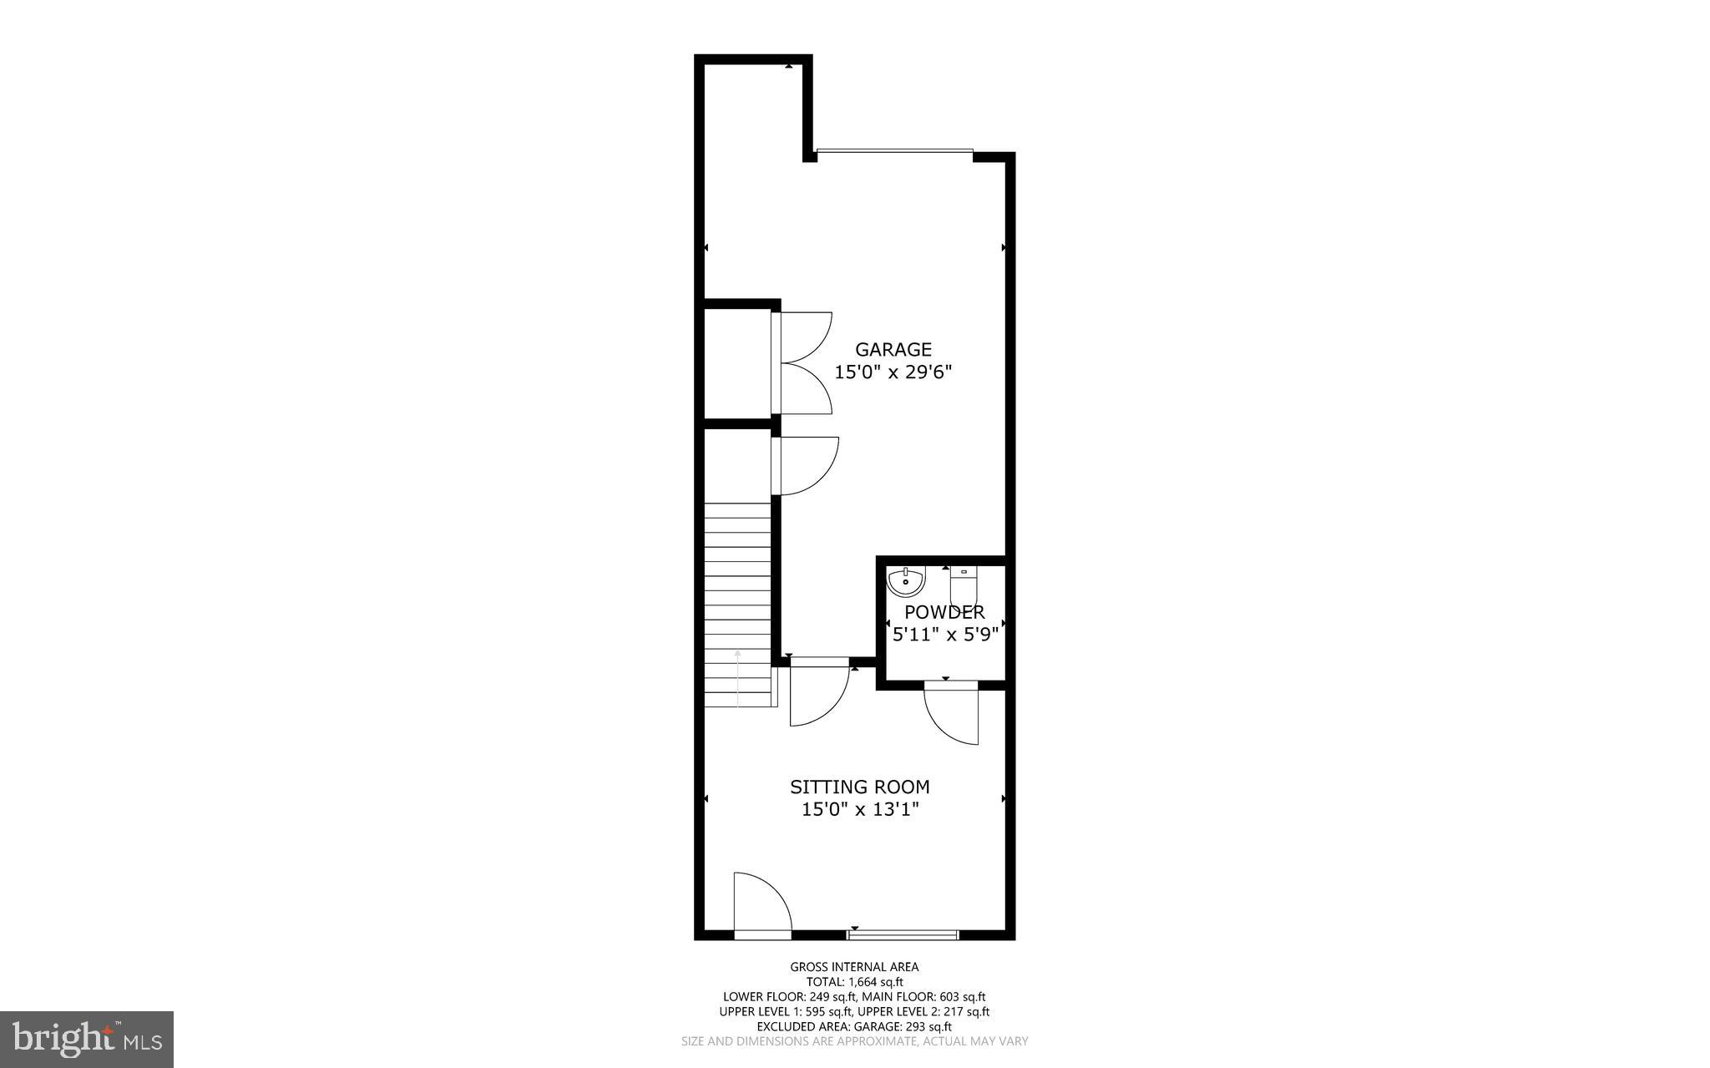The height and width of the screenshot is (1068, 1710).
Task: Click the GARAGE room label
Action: pyautogui.click(x=893, y=349)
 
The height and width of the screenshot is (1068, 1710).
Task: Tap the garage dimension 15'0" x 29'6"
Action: pyautogui.click(x=893, y=372)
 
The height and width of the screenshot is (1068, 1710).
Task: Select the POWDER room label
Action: pyautogui.click(x=944, y=612)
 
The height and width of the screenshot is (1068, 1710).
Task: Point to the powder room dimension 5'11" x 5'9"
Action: pyautogui.click(x=945, y=635)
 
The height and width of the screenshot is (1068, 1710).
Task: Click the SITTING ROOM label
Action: pyautogui.click(x=859, y=787)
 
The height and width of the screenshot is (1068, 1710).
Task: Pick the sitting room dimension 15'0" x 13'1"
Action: pyautogui.click(x=860, y=809)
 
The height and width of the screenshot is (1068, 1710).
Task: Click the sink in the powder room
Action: pyautogui.click(x=905, y=580)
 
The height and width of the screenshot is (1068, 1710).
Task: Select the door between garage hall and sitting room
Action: pyautogui.click(x=818, y=693)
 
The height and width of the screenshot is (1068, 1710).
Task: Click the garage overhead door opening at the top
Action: pyautogui.click(x=894, y=151)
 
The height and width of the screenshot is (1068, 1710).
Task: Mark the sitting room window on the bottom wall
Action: pyautogui.click(x=903, y=934)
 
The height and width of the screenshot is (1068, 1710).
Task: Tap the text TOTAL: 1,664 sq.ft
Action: pyautogui.click(x=854, y=982)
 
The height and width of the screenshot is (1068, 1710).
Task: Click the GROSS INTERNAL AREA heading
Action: pyautogui.click(x=854, y=967)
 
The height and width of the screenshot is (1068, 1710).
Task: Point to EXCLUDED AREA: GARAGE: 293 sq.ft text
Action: pyautogui.click(x=854, y=1026)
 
